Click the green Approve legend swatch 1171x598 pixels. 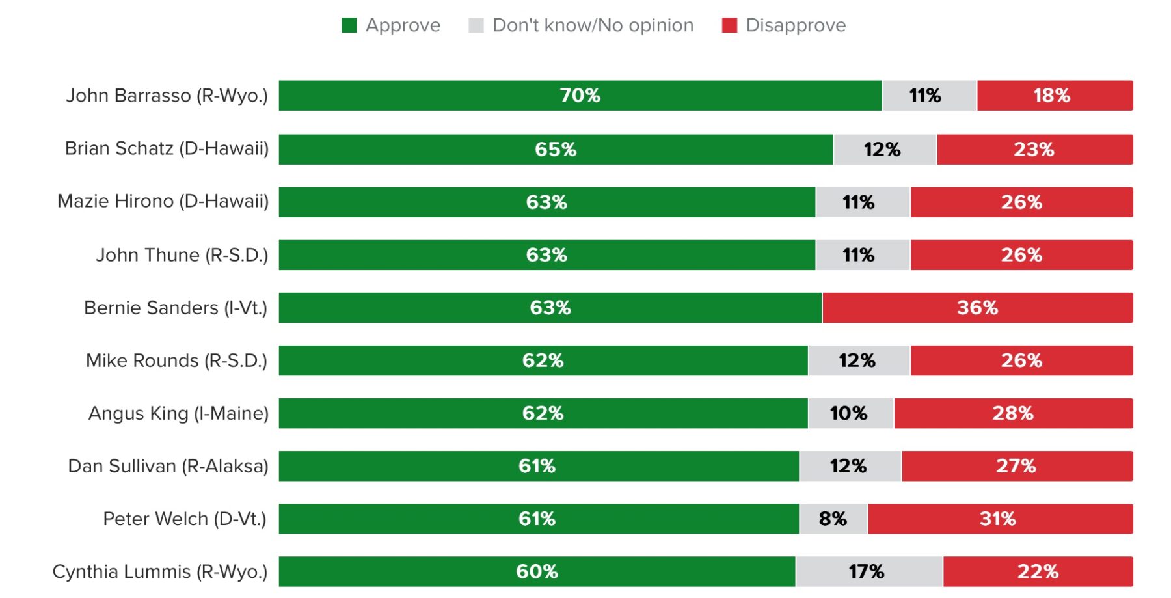coord(349,25)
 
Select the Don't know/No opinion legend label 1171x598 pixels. coord(593,25)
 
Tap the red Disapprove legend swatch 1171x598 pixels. coord(729,25)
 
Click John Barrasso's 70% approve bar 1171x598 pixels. coord(580,96)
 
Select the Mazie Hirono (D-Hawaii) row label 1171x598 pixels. coord(163,201)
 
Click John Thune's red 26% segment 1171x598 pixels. coord(1021,255)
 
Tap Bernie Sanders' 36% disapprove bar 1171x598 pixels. coord(977,308)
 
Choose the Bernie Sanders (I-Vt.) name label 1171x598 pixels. coord(176,308)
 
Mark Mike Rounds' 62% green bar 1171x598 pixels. coord(543,360)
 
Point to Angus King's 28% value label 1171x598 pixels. coord(1012,413)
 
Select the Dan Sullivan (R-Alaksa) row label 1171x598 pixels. coord(168,466)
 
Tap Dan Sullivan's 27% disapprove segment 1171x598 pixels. coord(1016,466)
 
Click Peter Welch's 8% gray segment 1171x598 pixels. coord(833,519)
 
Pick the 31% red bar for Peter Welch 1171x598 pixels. coord(999,519)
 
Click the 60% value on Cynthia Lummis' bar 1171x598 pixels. coord(537,571)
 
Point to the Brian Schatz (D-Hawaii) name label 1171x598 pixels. coord(167,148)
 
